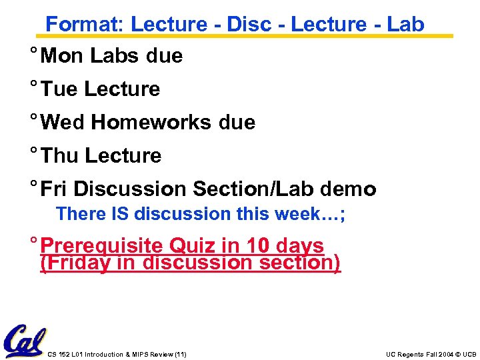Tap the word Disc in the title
tap(249, 24)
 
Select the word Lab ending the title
tap(405, 24)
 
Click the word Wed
tap(63, 123)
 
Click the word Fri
tap(54, 189)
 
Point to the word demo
tap(348, 189)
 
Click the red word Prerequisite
tap(102, 246)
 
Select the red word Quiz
tap(193, 246)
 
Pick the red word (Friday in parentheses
tap(75, 263)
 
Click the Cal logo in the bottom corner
tap(25, 341)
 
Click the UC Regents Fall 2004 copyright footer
tap(431, 354)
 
